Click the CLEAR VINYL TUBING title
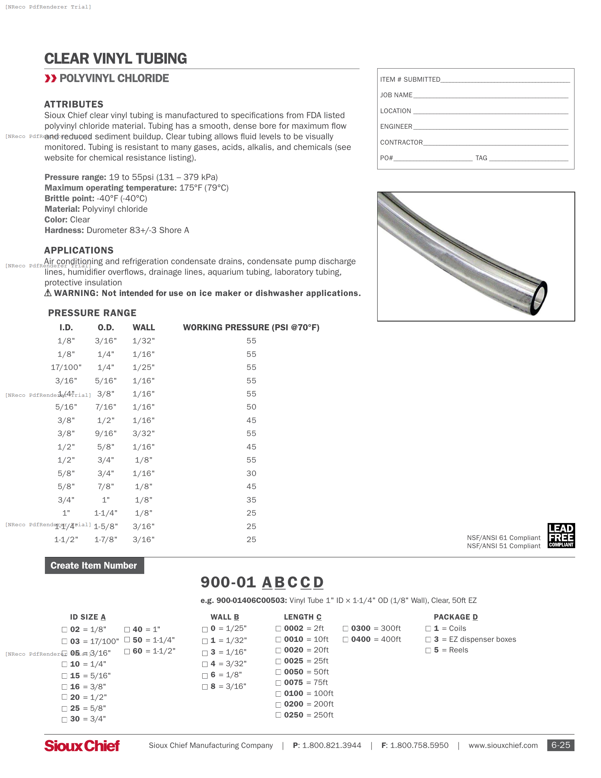tap(115, 59)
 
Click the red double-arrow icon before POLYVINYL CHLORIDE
tap(51, 79)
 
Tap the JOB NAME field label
tap(396, 95)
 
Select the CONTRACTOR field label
tap(401, 143)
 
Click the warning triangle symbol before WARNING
tap(48, 293)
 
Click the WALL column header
tap(144, 327)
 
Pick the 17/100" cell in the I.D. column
tap(66, 367)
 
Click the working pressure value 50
tap(251, 407)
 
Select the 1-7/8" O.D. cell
tap(106, 539)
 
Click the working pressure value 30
tap(251, 474)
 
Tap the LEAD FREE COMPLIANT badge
tap(561, 535)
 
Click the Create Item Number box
tap(94, 565)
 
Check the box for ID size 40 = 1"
tap(127, 629)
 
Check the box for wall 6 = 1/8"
tap(205, 676)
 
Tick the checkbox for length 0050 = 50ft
tap(279, 672)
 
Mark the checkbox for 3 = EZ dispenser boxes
tap(428, 640)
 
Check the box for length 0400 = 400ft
tap(345, 640)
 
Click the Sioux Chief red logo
tap(82, 745)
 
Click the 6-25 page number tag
tap(560, 745)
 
